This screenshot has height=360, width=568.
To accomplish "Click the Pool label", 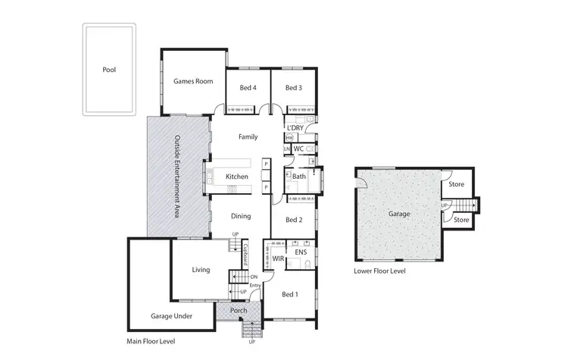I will [109, 70].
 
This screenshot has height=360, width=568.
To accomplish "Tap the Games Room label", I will [193, 81].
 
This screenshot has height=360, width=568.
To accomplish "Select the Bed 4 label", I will [248, 88].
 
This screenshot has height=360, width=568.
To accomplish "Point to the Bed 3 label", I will [294, 88].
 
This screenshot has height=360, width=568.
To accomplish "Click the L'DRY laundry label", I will [295, 127].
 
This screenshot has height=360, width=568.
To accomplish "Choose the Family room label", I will [248, 137].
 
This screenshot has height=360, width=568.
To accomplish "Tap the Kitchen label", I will [237, 177].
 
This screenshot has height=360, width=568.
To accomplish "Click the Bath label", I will [299, 177].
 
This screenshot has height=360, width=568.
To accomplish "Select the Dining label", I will [241, 217].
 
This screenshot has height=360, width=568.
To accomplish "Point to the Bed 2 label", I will [294, 220].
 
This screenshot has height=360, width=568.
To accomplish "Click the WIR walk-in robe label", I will [279, 259].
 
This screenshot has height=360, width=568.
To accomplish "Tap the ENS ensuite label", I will [300, 252].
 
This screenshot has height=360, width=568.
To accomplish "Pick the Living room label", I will [201, 269].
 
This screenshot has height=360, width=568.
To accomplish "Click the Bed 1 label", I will [290, 294].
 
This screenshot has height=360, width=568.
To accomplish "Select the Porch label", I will [239, 311].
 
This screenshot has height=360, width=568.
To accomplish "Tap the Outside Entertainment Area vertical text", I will [177, 177].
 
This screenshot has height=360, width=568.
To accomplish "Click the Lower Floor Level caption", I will [379, 271].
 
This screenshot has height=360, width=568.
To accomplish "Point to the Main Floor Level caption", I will [151, 342].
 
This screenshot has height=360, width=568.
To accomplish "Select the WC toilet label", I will [299, 149].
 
